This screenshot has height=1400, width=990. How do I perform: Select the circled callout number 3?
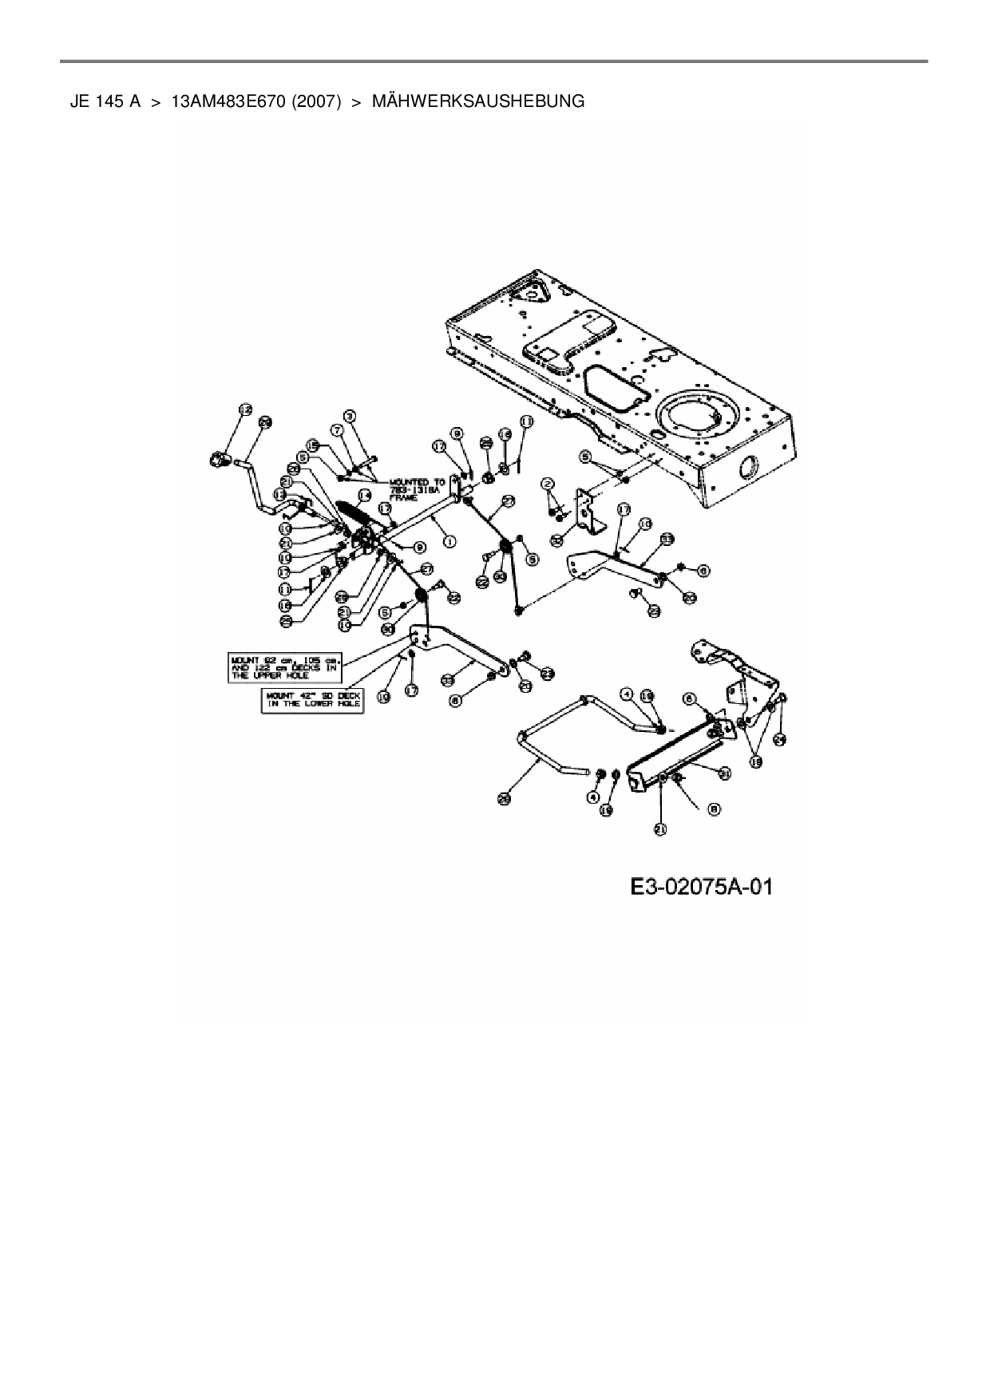coord(349,415)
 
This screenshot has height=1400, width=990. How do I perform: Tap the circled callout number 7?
coord(337,429)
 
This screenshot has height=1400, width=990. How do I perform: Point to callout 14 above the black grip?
coord(365,496)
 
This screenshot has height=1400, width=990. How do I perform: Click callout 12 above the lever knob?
coord(245,409)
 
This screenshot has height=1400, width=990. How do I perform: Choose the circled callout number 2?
coord(547,484)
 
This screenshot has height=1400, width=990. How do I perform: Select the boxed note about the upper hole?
coord(286,667)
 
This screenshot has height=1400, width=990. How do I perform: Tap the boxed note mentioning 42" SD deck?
coord(313,701)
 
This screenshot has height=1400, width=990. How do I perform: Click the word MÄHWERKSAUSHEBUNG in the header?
coord(478,101)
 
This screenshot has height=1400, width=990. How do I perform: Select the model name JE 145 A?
coord(105,101)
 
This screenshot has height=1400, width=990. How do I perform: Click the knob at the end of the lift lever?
coord(217,459)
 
